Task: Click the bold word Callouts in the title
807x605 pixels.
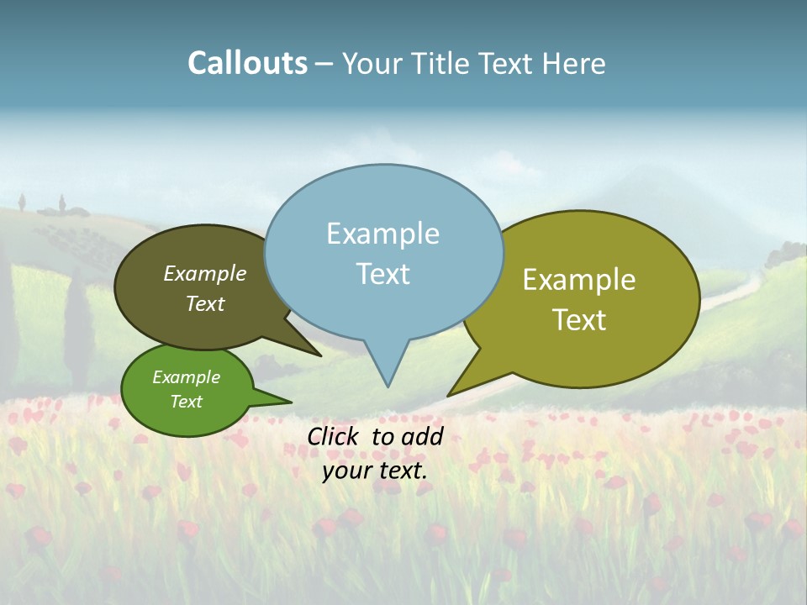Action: (x=247, y=63)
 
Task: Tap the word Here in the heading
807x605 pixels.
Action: (x=575, y=64)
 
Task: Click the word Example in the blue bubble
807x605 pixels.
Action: (x=382, y=234)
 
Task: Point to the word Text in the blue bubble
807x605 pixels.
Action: (x=382, y=274)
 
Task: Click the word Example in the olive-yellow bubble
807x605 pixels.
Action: (x=579, y=280)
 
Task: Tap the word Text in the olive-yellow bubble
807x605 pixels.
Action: (x=579, y=320)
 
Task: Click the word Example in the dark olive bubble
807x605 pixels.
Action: (x=204, y=274)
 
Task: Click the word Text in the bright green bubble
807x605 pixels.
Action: (x=186, y=402)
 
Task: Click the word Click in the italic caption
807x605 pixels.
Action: (x=335, y=436)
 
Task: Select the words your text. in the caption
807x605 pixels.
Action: (x=374, y=471)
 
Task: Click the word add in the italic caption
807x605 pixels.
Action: (x=422, y=436)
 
